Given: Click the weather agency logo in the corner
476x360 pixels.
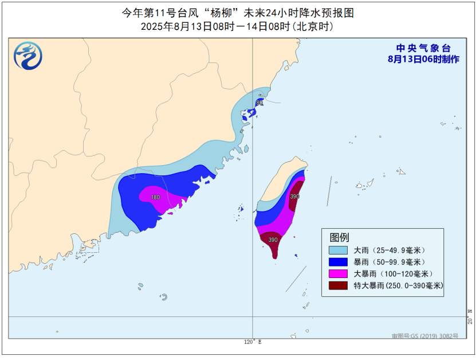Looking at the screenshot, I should (28, 56).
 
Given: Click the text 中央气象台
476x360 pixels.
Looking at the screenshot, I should (423, 49).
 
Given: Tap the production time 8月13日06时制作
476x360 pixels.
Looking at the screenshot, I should (423, 59).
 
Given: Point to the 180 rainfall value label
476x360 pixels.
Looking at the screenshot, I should (155, 197).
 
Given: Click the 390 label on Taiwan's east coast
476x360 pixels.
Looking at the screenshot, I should (294, 196).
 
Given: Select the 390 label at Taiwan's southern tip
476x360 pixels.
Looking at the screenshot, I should (273, 240).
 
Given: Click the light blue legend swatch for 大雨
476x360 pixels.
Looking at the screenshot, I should (338, 251).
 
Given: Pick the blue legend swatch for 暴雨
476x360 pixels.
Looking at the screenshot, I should (338, 262).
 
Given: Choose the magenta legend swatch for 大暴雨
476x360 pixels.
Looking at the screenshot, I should (338, 273).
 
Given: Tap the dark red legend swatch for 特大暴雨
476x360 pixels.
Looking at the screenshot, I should (338, 285).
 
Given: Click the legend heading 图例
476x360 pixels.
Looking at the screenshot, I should (339, 237).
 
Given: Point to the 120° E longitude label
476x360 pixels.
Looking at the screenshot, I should (253, 342).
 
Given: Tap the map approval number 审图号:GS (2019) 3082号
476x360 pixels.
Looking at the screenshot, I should (425, 336).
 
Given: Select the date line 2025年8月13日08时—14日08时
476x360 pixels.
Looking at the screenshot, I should (237, 26).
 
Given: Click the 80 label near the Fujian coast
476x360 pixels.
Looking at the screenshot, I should (259, 103).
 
